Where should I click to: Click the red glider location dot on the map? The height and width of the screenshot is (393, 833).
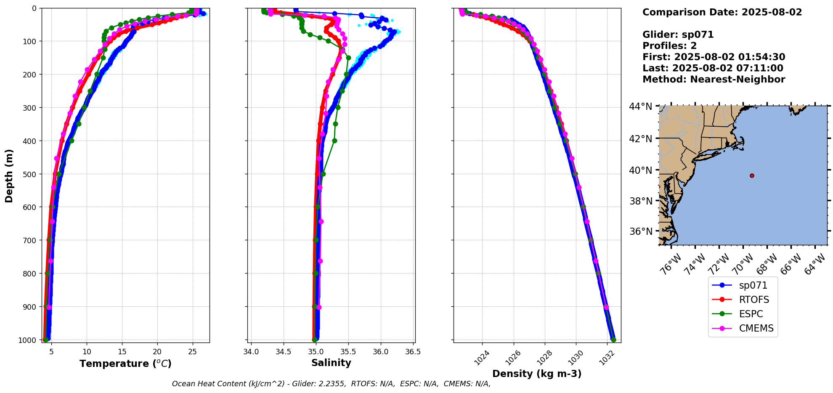(x=752, y=175)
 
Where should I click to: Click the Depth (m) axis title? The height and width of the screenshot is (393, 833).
(x=9, y=175)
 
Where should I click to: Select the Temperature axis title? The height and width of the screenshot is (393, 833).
(x=125, y=364)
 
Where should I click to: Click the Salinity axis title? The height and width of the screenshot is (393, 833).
(x=331, y=363)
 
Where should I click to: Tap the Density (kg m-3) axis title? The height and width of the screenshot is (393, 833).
(x=537, y=374)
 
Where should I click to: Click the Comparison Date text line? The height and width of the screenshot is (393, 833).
(x=722, y=12)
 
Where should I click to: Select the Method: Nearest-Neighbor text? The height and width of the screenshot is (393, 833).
(x=714, y=80)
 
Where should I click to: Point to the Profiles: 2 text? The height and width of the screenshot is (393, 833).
(x=669, y=46)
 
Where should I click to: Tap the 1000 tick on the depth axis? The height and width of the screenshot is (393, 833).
(x=27, y=340)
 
